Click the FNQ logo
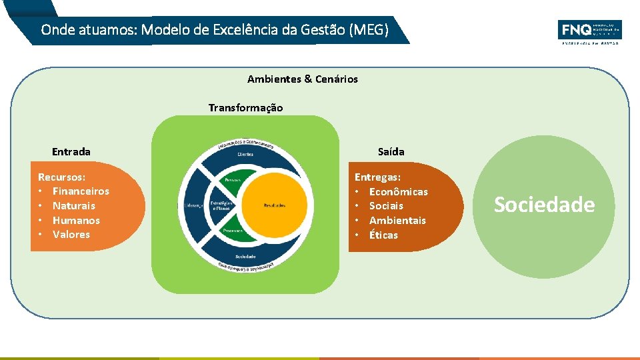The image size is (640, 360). (x=589, y=31)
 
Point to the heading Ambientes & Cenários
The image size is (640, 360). (x=302, y=79)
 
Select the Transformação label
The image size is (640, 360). (x=245, y=108)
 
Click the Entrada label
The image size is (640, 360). (x=71, y=152)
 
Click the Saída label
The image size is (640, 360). (x=391, y=152)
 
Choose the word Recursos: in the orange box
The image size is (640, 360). (x=61, y=177)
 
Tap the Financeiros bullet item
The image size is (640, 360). (x=81, y=191)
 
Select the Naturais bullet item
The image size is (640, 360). (x=74, y=206)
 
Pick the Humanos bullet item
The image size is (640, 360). (x=76, y=221)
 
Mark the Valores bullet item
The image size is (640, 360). (x=71, y=235)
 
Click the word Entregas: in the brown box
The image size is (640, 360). (x=377, y=177)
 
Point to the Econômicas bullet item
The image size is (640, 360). (x=398, y=192)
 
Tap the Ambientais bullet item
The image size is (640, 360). (x=397, y=221)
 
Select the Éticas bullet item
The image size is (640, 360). (x=383, y=235)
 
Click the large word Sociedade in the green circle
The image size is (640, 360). (x=544, y=205)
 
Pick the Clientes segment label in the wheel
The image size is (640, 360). (x=245, y=154)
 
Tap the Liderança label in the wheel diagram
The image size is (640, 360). (x=193, y=205)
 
